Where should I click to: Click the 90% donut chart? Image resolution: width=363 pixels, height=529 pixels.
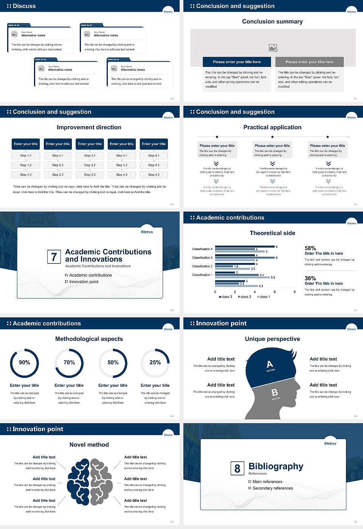[x=25, y=363]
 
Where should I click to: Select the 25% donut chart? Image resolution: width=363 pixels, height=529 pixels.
[x=155, y=363]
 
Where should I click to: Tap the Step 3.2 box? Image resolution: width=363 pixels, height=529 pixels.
[x=90, y=165]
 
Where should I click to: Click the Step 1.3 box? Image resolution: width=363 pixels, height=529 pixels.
[x=26, y=175]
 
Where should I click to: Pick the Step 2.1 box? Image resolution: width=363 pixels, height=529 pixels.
[x=57, y=155]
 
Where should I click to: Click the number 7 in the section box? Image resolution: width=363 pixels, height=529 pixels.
[x=54, y=257]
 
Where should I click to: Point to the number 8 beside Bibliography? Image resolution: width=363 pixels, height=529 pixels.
[x=237, y=469]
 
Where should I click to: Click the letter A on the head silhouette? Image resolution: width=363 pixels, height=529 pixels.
[x=270, y=364]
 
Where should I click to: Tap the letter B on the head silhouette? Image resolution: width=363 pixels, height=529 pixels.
[x=275, y=393]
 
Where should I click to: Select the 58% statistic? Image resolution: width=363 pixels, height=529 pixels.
[x=310, y=248]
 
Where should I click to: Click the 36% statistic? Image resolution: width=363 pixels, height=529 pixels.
[x=310, y=278]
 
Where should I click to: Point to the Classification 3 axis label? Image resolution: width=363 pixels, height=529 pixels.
[x=202, y=258]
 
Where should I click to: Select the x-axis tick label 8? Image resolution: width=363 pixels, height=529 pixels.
[x=295, y=292]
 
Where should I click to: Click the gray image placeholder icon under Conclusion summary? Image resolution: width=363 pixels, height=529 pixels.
[x=273, y=48]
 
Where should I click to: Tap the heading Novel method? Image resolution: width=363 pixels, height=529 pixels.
[x=89, y=445]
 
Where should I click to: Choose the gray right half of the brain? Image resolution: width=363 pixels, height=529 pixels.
[x=101, y=482]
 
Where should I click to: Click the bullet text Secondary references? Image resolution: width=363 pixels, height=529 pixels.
[x=273, y=488]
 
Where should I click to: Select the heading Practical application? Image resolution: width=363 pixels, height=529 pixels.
[x=272, y=127]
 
